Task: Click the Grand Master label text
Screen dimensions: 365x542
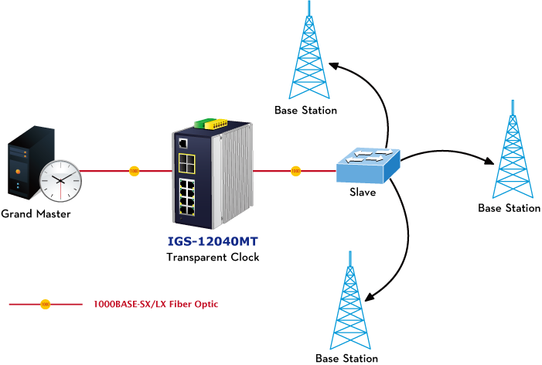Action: click(x=36, y=213)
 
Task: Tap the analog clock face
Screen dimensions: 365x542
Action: click(x=61, y=180)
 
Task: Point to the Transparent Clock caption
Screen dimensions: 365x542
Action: click(x=213, y=257)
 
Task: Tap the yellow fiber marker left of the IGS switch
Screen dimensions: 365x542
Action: click(x=134, y=170)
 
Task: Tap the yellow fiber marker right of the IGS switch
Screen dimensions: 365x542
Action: click(x=294, y=170)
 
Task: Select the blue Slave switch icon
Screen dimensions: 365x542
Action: click(x=368, y=165)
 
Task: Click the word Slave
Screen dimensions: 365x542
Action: click(x=363, y=192)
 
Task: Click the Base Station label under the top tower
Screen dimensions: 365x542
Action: click(x=306, y=111)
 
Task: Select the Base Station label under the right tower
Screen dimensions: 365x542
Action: click(x=509, y=208)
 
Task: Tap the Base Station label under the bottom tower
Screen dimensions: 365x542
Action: click(x=347, y=358)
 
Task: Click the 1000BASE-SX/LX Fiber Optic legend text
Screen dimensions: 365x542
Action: click(x=155, y=305)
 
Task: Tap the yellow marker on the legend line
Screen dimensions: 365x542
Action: click(x=45, y=305)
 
